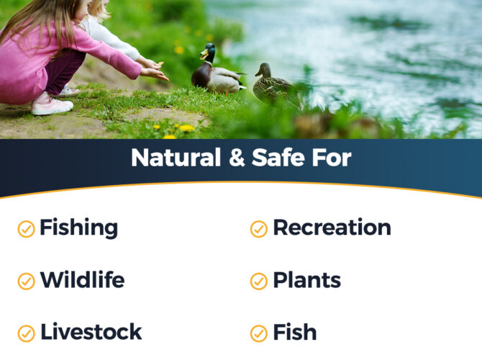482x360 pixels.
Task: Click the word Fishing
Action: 78,228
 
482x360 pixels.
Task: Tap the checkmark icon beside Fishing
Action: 26,229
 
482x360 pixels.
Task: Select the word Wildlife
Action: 83,279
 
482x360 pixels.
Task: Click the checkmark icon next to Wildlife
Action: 26,282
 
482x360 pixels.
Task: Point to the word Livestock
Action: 91,332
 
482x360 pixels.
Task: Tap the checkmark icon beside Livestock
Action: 26,333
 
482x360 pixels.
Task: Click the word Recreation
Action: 332,228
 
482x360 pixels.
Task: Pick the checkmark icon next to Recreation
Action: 259,229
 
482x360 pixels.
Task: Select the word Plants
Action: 307,280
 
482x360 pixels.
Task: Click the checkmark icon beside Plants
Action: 259,282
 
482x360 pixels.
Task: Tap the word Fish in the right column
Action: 295,332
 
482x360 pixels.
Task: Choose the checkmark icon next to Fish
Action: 259,333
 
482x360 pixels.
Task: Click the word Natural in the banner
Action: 176,158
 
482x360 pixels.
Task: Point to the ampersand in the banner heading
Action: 237,158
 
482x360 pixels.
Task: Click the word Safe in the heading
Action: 278,158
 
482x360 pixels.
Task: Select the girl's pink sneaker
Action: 51,104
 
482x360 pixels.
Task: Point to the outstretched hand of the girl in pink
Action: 155,74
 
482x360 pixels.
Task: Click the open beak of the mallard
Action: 203,55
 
